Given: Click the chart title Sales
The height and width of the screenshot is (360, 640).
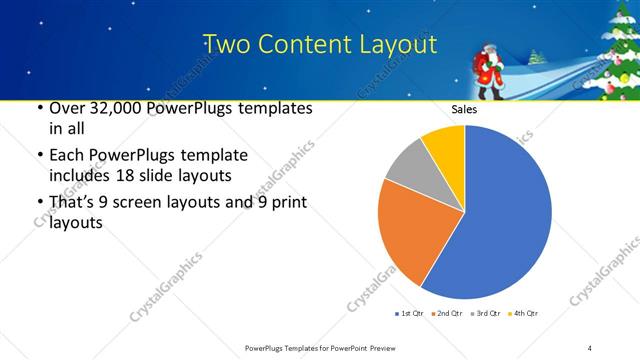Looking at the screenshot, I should [464, 109].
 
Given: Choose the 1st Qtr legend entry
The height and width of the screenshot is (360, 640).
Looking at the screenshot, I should [409, 314].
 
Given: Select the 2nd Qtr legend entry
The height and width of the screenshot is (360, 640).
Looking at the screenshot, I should [446, 314].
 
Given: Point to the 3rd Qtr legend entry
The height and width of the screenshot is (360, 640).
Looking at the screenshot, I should [484, 314].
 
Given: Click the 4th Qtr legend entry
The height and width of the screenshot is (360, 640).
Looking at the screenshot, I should [521, 314].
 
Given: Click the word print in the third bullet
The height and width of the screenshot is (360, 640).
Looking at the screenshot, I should [287, 204].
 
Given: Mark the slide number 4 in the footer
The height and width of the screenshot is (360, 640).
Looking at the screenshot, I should [590, 347].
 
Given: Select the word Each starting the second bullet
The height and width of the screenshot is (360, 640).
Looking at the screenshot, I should [66, 156].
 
